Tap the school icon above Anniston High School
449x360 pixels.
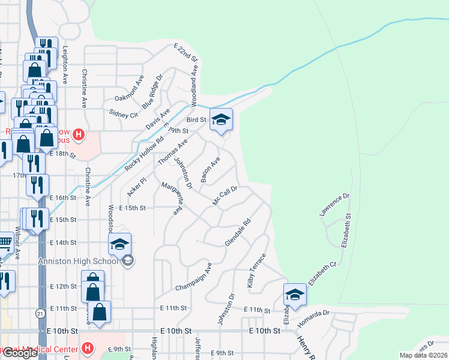(x=120, y=244)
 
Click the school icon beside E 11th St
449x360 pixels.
(x=295, y=295)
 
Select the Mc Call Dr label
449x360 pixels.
(x=226, y=196)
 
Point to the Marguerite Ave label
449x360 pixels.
(x=170, y=199)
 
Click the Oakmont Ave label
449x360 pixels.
(x=129, y=88)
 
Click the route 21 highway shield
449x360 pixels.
(x=40, y=313)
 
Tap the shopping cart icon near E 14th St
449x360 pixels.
(x=5, y=243)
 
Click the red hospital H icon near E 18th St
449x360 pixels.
(x=79, y=133)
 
